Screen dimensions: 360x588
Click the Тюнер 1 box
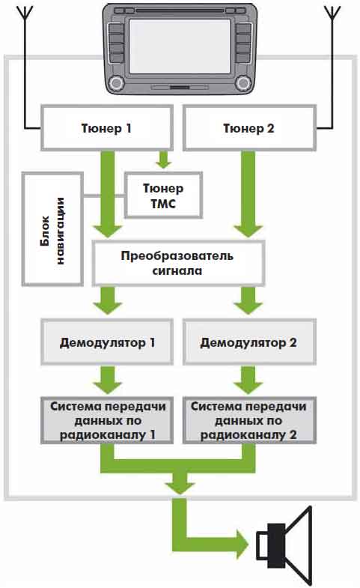click(107, 128)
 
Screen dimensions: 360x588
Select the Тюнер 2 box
click(249, 128)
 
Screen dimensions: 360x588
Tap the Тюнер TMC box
click(163, 195)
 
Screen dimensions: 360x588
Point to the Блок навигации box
click(52, 229)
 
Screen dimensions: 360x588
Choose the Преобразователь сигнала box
click(178, 263)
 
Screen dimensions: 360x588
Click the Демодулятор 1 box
click(107, 342)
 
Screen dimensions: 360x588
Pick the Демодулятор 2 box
click(249, 342)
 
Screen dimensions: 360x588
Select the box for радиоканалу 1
click(107, 420)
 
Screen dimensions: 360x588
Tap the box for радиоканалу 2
click(249, 420)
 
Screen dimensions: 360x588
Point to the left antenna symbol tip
click(25, 7)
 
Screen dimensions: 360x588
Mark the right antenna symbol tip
click(332, 7)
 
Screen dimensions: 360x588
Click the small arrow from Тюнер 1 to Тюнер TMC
click(163, 160)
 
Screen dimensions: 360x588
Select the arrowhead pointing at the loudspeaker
click(242, 545)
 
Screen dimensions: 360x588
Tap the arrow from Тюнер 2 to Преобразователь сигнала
click(248, 194)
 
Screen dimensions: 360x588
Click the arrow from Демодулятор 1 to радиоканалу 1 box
click(108, 380)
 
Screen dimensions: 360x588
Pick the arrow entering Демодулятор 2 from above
click(248, 300)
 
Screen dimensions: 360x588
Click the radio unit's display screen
click(180, 46)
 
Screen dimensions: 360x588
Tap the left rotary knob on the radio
click(116, 83)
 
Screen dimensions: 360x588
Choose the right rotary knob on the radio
click(243, 83)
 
